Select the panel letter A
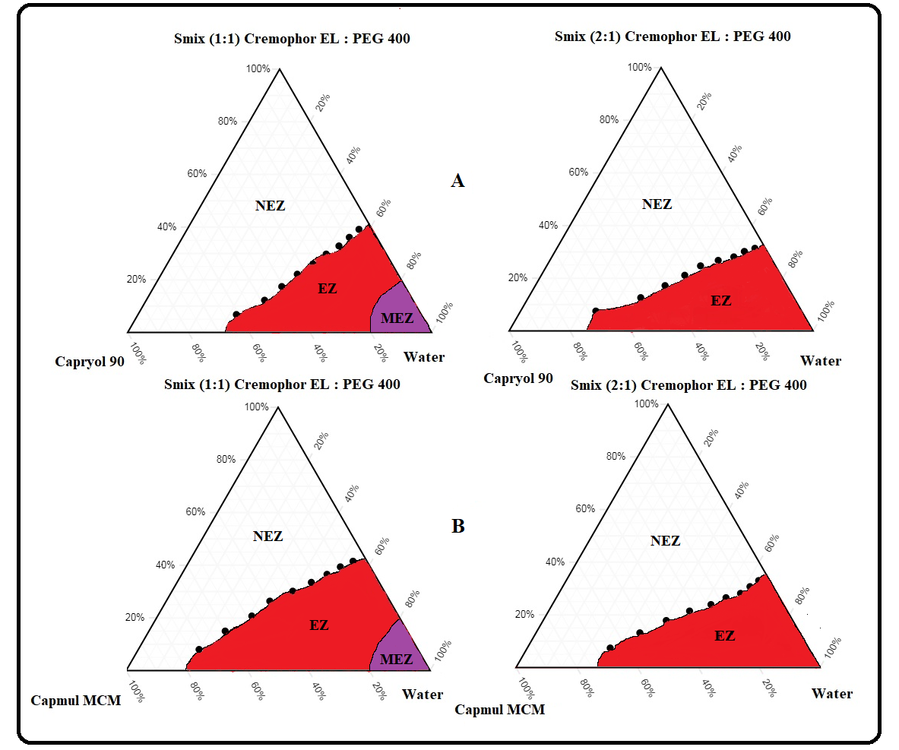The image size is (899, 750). [x=457, y=181]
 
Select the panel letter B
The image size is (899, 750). [x=457, y=526]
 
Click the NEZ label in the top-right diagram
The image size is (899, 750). [x=657, y=204]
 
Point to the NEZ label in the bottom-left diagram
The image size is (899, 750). [x=267, y=536]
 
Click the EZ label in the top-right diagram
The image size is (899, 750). [x=720, y=301]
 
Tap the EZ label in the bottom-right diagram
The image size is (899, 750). [x=725, y=636]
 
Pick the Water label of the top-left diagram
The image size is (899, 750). [x=424, y=357]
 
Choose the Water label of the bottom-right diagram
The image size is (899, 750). [x=831, y=693]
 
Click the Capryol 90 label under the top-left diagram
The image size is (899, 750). [x=90, y=362]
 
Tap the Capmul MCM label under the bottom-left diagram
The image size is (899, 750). [x=76, y=700]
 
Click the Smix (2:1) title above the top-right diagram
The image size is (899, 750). [x=673, y=36]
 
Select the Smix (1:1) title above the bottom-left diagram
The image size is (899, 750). [x=282, y=384]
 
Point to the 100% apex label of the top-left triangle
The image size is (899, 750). [x=258, y=69]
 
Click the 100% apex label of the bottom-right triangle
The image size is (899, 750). [x=646, y=404]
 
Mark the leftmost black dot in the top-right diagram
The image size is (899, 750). [x=596, y=311]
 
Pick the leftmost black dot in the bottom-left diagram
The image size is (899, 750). [x=199, y=650]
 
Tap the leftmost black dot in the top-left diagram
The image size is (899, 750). [x=236, y=315]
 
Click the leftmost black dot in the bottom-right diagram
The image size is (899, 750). [x=610, y=648]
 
